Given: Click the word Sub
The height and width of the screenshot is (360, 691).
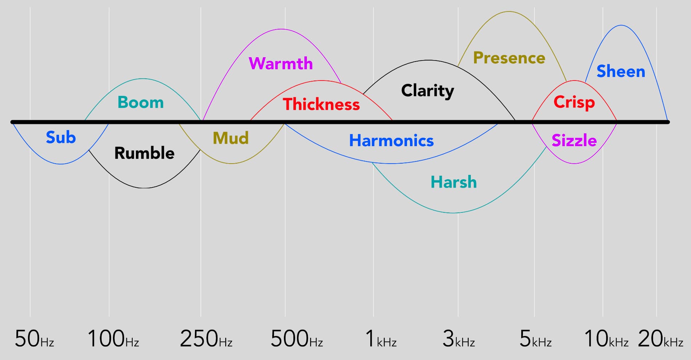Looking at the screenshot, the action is click(61, 137).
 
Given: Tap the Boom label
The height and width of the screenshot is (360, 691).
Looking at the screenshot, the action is click(141, 102).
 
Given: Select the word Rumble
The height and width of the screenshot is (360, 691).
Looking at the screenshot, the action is click(144, 153).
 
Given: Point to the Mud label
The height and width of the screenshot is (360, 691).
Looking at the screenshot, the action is click(231, 138).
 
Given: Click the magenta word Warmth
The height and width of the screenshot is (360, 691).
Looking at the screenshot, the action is click(281, 63).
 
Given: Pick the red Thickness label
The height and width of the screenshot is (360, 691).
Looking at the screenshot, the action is click(321, 104).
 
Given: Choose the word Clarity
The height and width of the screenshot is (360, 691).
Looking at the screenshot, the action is click(428, 91).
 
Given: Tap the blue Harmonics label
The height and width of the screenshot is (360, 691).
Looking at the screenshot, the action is click(391, 141).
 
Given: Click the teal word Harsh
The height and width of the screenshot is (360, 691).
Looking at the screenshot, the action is click(454, 182).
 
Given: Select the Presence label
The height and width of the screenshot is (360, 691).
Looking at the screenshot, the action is click(509, 58).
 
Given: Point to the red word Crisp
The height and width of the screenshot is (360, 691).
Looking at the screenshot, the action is click(574, 103).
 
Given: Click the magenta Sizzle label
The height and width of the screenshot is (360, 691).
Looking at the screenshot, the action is click(574, 140).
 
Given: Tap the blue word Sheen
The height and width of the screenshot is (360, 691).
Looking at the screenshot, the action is click(621, 71).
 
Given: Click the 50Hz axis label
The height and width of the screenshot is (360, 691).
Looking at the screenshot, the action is click(34, 339).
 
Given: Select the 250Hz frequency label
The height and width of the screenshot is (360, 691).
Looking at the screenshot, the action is click(206, 339).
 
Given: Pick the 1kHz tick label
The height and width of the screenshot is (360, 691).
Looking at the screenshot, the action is click(381, 339).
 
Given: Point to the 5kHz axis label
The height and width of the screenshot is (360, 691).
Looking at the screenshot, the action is click(535, 339).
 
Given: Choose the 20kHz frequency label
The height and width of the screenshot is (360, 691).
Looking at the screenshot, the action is click(660, 339).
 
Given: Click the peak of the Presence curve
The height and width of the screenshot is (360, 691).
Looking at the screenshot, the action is click(509, 12).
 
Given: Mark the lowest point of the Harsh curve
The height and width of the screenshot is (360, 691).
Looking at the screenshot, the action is click(454, 213).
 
